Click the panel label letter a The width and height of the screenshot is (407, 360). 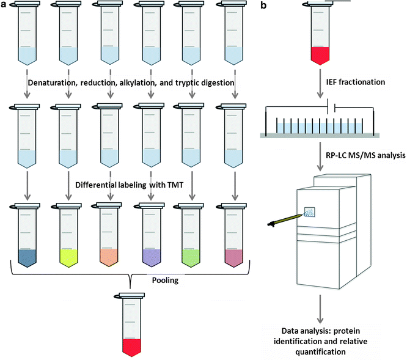4,6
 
